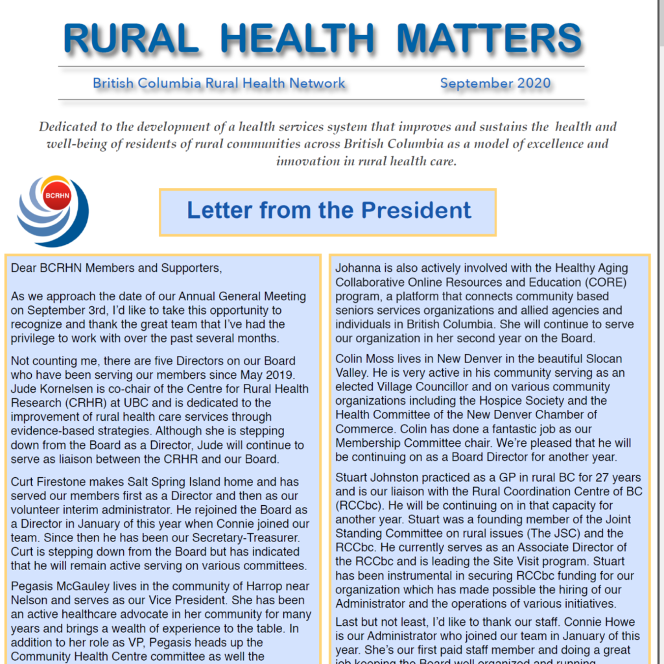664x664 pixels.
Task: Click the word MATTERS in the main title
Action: [x=489, y=38]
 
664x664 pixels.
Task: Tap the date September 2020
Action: [x=495, y=83]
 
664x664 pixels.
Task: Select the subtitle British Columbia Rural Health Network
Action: [x=219, y=83]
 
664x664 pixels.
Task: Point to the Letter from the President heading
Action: [x=328, y=211]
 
